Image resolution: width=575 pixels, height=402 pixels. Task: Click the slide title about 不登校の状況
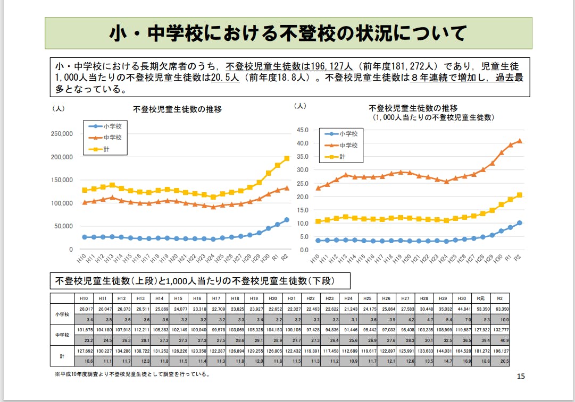point(287,33)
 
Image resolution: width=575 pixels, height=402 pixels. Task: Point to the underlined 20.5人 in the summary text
point(226,78)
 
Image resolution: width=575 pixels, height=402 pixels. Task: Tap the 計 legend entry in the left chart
point(106,149)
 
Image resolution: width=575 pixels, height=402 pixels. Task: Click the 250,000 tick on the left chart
point(62,134)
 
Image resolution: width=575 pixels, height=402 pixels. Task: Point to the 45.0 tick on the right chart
point(303,130)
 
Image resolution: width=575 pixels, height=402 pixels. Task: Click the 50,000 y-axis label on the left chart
point(64,226)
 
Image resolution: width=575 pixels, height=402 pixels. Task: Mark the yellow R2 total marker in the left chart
point(287,158)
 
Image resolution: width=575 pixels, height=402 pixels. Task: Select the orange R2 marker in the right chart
point(520,141)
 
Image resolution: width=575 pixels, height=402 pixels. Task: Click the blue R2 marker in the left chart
point(287,220)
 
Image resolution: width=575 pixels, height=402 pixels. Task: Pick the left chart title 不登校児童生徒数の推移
point(177,109)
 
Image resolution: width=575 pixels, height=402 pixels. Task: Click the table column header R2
point(500,299)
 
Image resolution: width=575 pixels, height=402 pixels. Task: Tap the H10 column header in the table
point(84,299)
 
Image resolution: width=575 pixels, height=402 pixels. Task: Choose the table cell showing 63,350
point(500,309)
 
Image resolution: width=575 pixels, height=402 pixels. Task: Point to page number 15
point(521,377)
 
